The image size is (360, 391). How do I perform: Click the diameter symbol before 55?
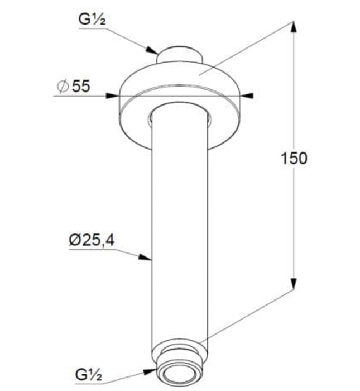tap(63, 87)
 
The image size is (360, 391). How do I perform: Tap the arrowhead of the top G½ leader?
tap(155, 51)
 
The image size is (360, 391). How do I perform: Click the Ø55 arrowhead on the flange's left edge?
tap(114, 96)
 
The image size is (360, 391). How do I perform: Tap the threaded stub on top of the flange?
tap(178, 54)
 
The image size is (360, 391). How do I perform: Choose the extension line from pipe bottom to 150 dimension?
tap(246, 316)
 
